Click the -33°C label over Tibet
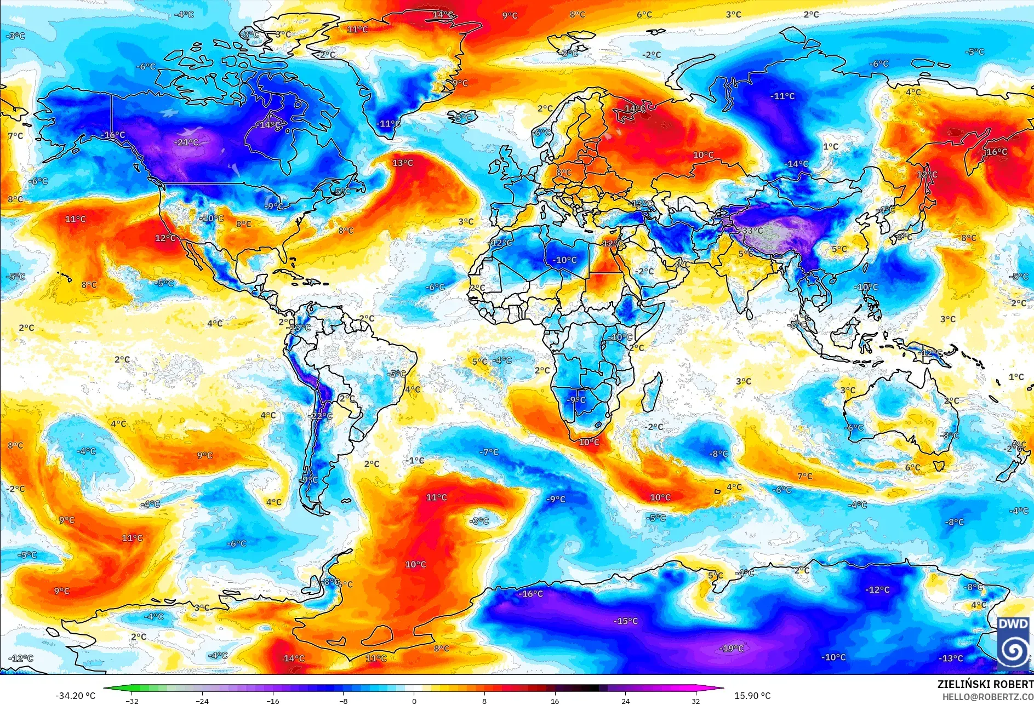point(752,231)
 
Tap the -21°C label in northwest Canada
point(186,142)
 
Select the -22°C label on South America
point(320,416)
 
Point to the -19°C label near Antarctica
point(732,649)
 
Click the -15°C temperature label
point(626,621)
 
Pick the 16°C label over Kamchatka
point(996,152)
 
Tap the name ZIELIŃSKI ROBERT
point(985,684)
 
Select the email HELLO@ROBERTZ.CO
point(987,697)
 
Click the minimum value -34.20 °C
point(75,696)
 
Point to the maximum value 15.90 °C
point(752,696)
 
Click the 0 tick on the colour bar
point(414,701)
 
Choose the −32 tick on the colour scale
point(132,701)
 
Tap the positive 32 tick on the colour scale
point(695,701)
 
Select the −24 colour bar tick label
point(202,701)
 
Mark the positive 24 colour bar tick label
point(625,701)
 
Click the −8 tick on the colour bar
point(343,701)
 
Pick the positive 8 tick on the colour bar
point(484,701)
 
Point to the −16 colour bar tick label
point(272,701)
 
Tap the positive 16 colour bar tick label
point(555,701)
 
